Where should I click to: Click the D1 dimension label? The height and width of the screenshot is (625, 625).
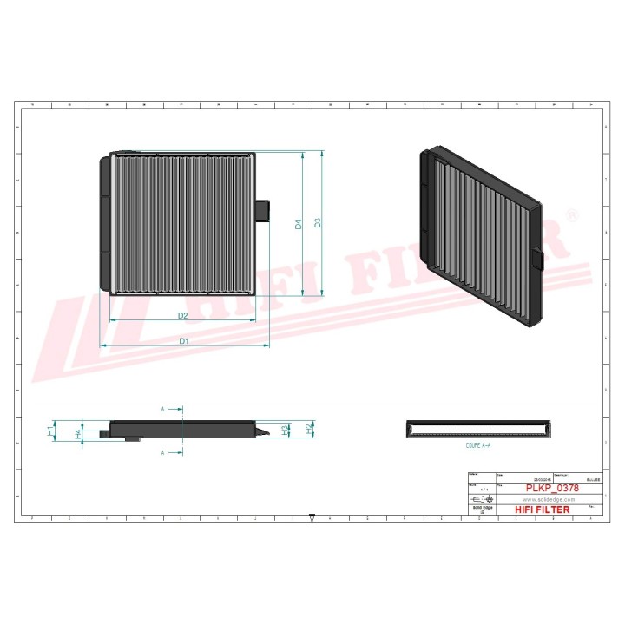pyautogui.click(x=184, y=341)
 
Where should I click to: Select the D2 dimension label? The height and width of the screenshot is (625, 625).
pyautogui.click(x=183, y=315)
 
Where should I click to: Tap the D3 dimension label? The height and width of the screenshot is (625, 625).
pyautogui.click(x=319, y=223)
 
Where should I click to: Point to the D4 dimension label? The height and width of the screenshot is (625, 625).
pyautogui.click(x=299, y=224)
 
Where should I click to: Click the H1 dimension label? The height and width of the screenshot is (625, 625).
pyautogui.click(x=51, y=430)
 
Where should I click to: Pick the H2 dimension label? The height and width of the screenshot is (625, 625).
pyautogui.click(x=308, y=429)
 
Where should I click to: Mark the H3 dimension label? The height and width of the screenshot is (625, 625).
pyautogui.click(x=286, y=430)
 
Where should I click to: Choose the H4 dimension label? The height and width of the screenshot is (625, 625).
pyautogui.click(x=78, y=432)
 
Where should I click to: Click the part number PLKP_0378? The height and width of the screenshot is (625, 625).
pyautogui.click(x=552, y=489)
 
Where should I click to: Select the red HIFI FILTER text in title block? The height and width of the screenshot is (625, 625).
pyautogui.click(x=543, y=510)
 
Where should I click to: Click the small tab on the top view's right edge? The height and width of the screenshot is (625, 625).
pyautogui.click(x=265, y=211)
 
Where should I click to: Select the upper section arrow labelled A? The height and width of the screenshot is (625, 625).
pyautogui.click(x=174, y=408)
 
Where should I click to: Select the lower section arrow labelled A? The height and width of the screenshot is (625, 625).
pyautogui.click(x=174, y=452)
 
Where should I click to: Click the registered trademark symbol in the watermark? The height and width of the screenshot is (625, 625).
pyautogui.click(x=571, y=214)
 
